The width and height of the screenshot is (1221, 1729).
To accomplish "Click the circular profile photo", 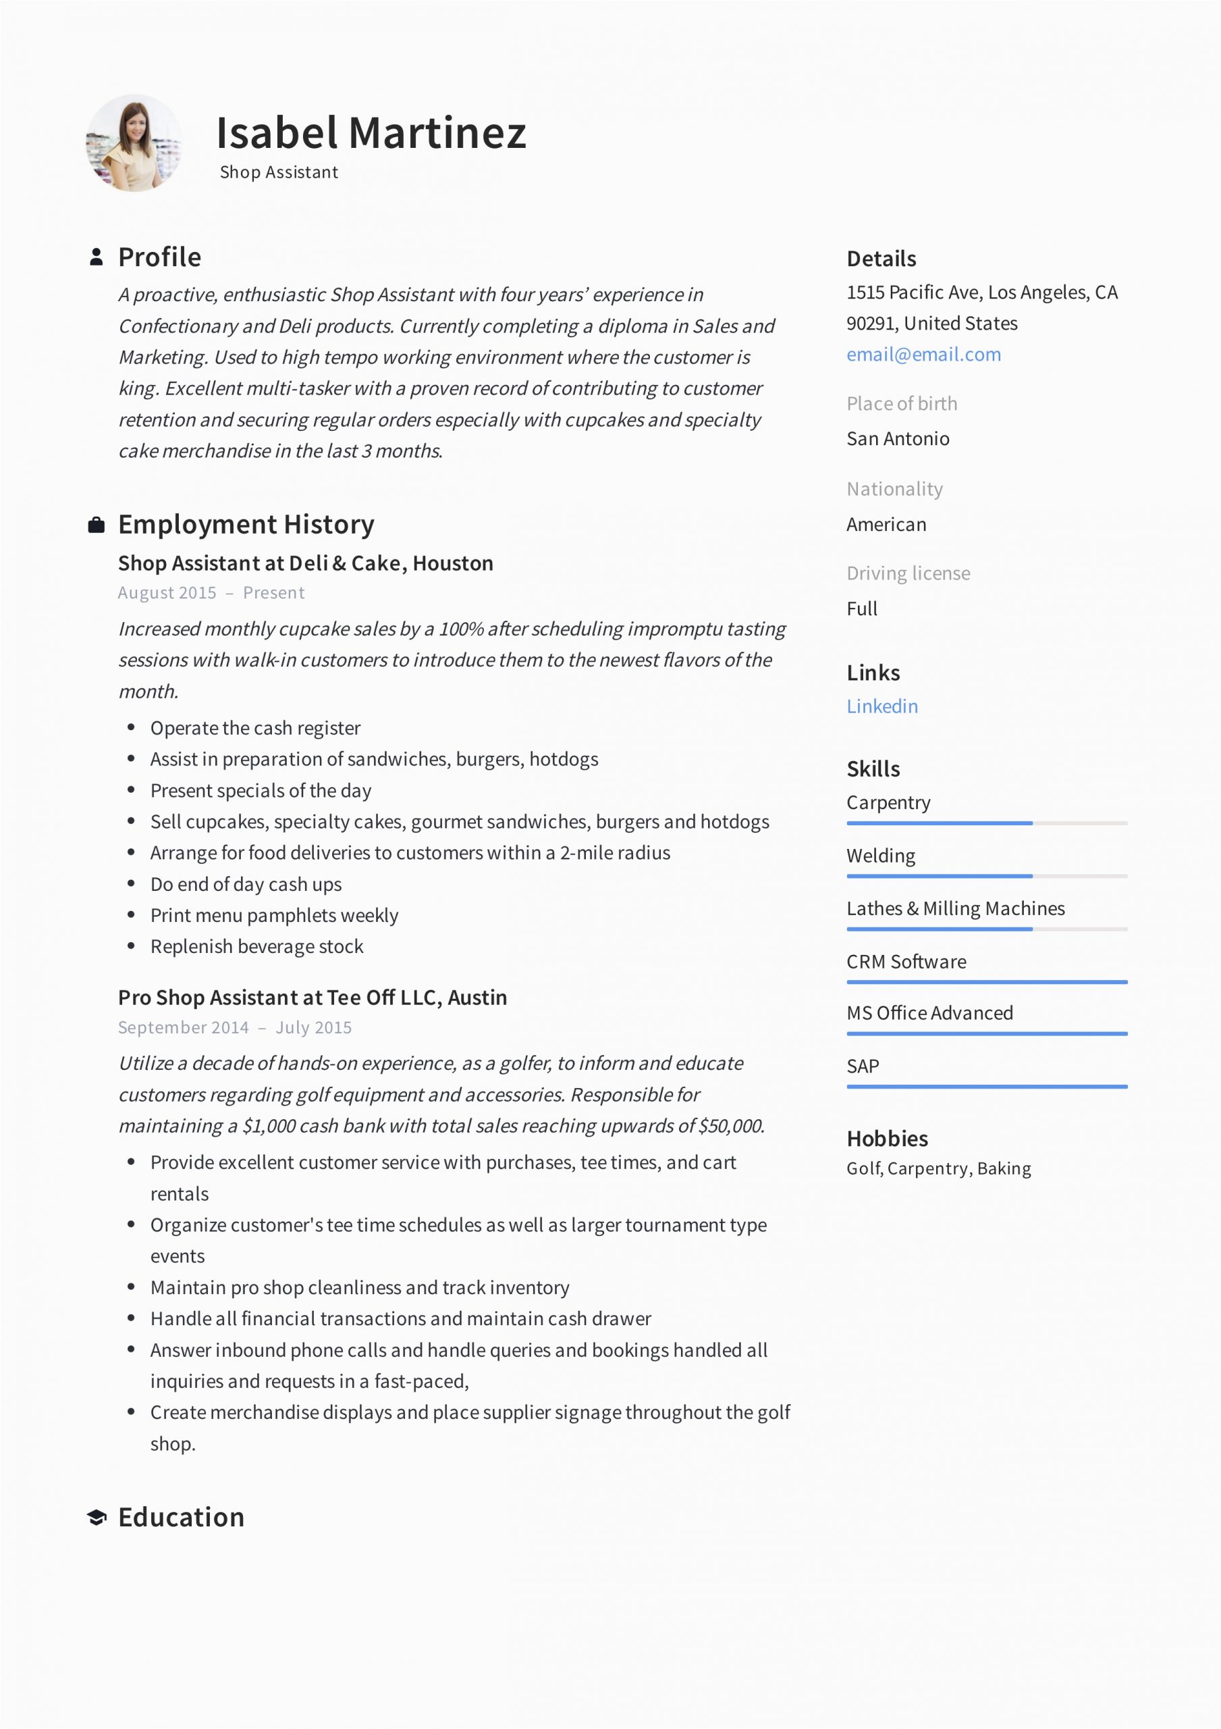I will click(134, 143).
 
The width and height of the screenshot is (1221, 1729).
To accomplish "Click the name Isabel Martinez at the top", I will click(371, 133).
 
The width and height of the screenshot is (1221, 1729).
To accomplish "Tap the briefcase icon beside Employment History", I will click(97, 525).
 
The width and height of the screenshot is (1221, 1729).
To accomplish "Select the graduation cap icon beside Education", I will click(97, 1518).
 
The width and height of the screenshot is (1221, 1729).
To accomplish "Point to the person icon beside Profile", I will click(97, 257).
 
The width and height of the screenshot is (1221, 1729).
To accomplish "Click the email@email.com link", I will click(923, 355).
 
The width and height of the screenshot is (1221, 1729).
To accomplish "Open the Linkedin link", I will click(881, 706).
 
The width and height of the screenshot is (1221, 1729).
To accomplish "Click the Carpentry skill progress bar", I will click(986, 823).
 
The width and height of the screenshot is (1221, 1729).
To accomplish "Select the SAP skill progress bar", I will click(986, 1087).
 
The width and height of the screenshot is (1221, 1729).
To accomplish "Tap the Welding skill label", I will click(881, 856).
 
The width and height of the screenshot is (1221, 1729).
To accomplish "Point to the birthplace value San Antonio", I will click(897, 438).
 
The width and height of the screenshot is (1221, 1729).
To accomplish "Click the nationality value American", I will click(886, 524).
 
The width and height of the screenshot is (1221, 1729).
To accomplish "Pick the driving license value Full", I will click(861, 609).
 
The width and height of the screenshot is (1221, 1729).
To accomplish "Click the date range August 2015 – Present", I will click(211, 592).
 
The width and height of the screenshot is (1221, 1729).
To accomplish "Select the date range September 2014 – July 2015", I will click(234, 1027).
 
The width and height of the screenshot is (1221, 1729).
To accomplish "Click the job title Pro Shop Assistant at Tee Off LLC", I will click(312, 997).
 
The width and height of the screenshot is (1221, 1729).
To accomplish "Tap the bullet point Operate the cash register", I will click(255, 728).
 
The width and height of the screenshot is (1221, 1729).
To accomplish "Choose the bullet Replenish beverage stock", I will click(256, 947).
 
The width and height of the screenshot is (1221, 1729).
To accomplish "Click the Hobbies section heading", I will click(887, 1139).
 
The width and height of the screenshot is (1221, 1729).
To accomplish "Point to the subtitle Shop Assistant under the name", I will click(279, 172).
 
